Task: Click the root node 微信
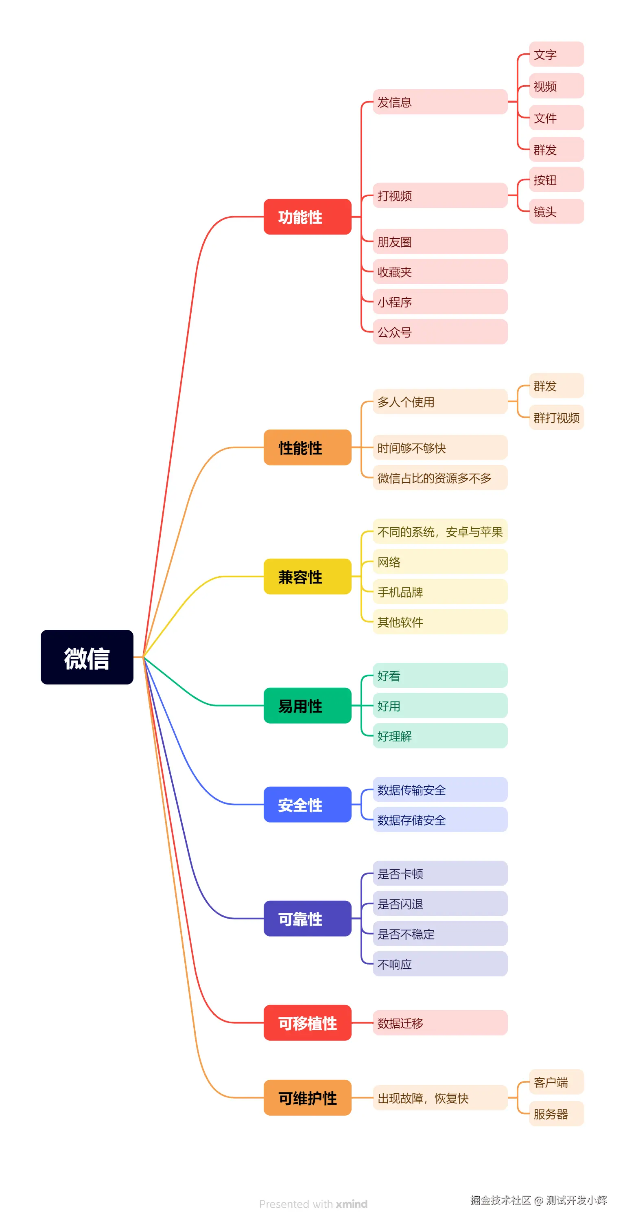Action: (87, 657)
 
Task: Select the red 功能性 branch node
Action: (307, 217)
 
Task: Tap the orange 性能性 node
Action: (307, 447)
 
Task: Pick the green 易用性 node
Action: (307, 706)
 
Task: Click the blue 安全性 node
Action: (307, 805)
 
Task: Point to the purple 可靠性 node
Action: (307, 919)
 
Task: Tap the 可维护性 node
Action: (307, 1098)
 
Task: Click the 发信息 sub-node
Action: (440, 102)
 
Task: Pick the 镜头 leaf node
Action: (556, 211)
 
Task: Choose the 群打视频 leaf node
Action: (556, 418)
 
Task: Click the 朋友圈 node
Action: (440, 242)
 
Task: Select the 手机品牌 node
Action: (440, 592)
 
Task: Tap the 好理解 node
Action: (440, 736)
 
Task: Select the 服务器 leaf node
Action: (556, 1114)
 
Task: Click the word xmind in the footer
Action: (352, 1204)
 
